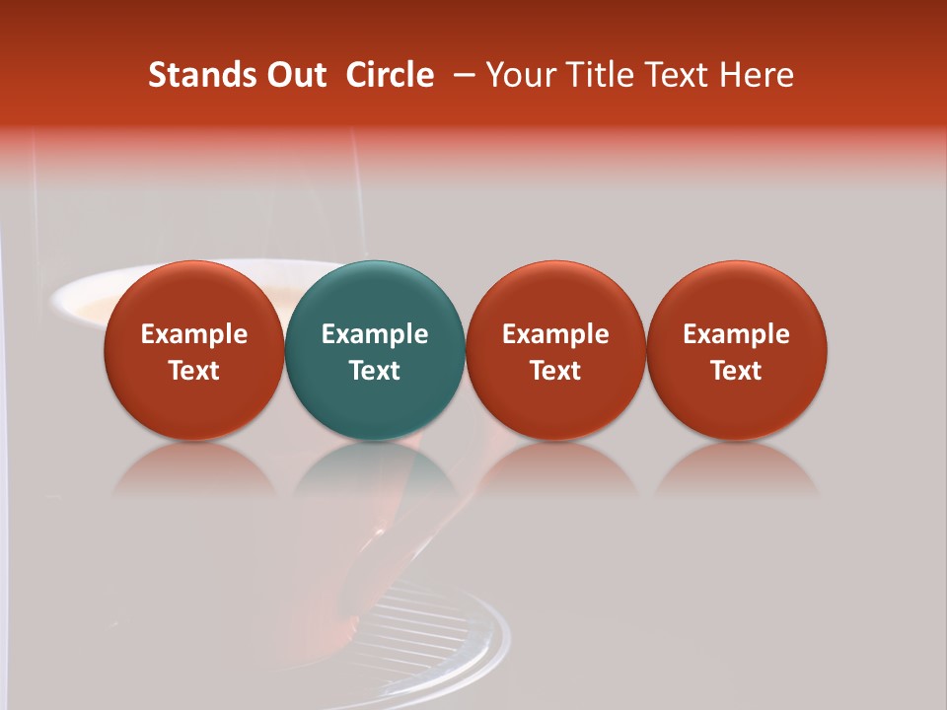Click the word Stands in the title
click(x=202, y=75)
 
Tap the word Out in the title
click(x=295, y=75)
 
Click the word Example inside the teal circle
click(x=375, y=334)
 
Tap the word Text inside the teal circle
click(x=375, y=371)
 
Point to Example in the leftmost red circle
click(x=194, y=334)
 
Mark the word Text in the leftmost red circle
click(x=194, y=371)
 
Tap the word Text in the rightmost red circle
click(x=737, y=371)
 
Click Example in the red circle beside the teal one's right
click(x=555, y=334)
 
